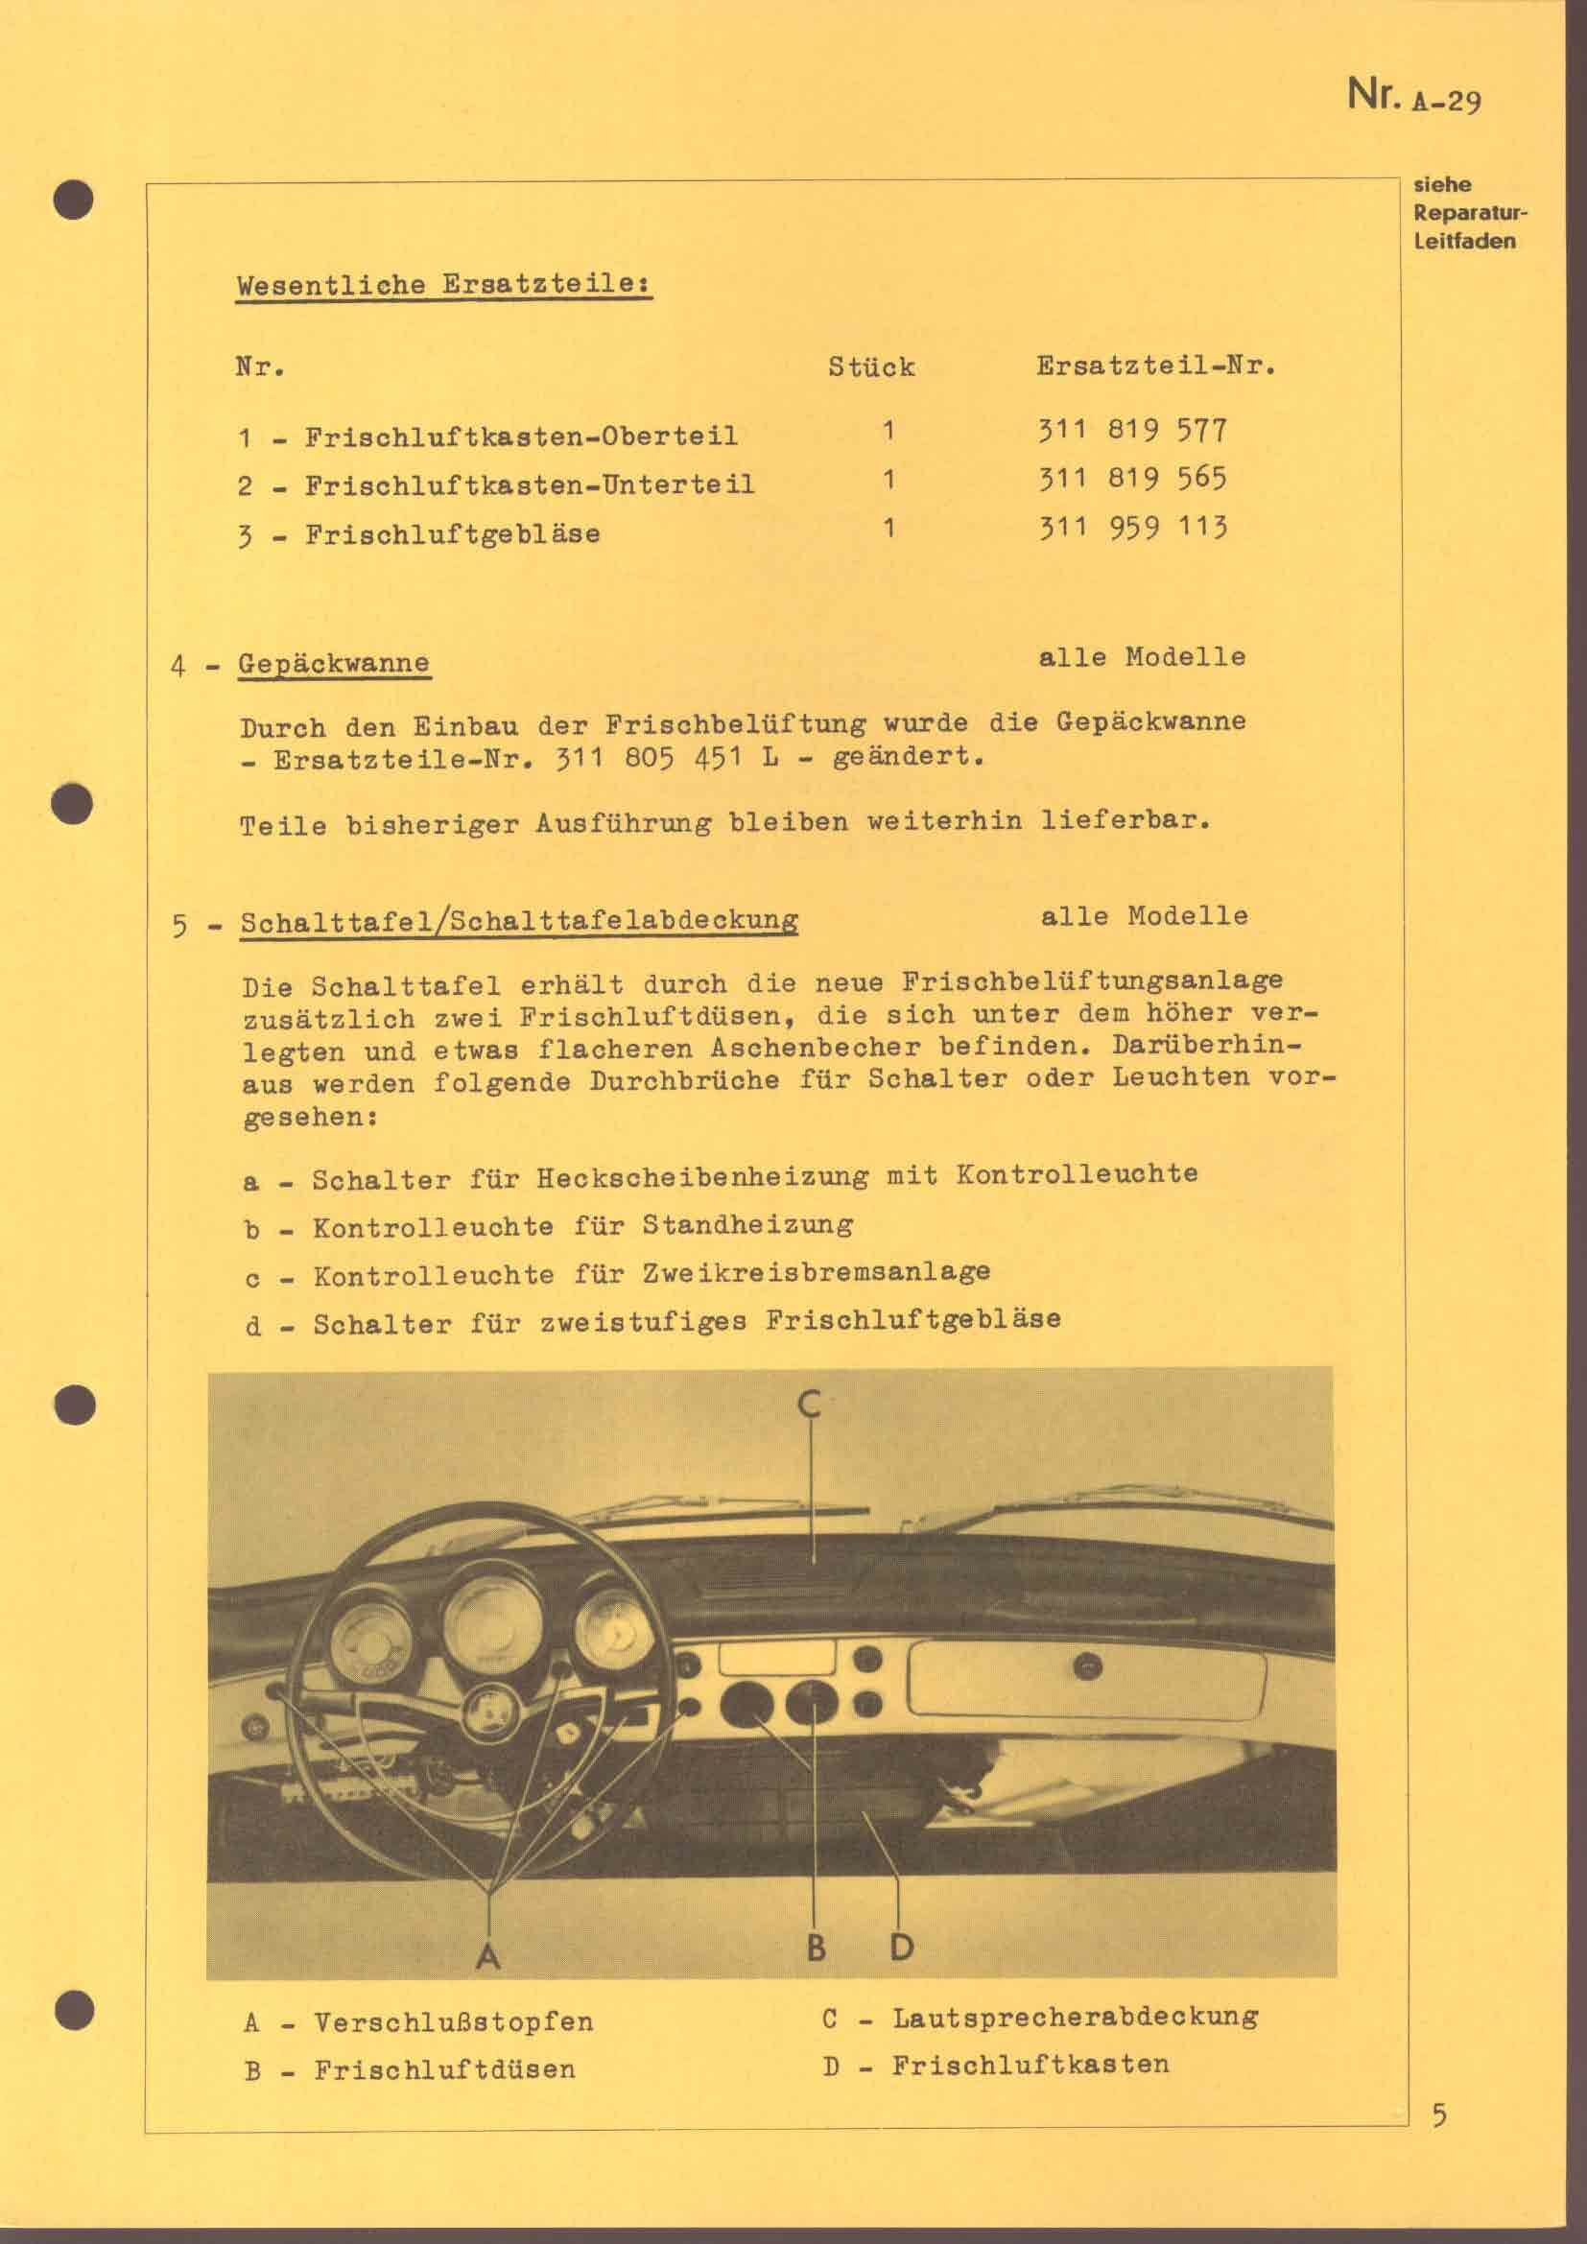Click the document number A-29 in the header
[x=1446, y=100]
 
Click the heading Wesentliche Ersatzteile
[x=443, y=285]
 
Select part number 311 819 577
[x=1131, y=430]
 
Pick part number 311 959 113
[x=1131, y=528]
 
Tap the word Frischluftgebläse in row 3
[x=453, y=533]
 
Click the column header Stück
[x=870, y=366]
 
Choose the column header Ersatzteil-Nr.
[x=1156, y=366]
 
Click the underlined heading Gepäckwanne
[x=333, y=663]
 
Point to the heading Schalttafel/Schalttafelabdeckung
[x=519, y=921]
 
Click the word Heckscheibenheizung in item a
[x=701, y=1177]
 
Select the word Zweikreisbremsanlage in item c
[x=816, y=1272]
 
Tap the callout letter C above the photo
[x=808, y=1404]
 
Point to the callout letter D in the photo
[x=900, y=1947]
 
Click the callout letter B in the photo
[x=816, y=1947]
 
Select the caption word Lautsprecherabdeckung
[x=1075, y=2017]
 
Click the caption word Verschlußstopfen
[x=454, y=2021]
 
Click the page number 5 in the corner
[x=1438, y=2116]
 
